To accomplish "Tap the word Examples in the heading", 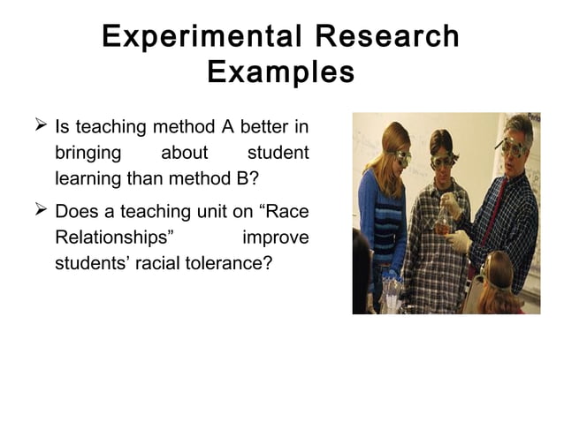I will (281, 72).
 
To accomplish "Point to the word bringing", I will (88, 152).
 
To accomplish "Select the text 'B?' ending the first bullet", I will (246, 179).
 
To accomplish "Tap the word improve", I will (275, 239).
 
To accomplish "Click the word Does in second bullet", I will (77, 212).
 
